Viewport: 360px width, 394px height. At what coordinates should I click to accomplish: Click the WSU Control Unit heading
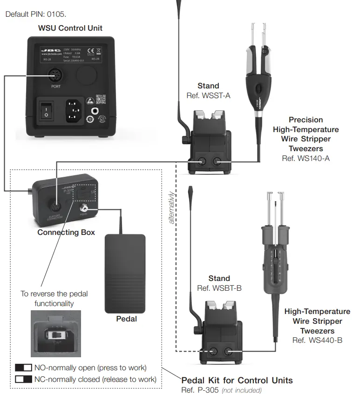[x=70, y=28]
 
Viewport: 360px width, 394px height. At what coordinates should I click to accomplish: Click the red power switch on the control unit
[x=47, y=110]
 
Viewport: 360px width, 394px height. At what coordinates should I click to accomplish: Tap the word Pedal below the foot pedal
[x=126, y=319]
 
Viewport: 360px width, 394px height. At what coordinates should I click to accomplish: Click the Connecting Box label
[x=66, y=232]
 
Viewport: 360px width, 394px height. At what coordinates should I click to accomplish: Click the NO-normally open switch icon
[x=23, y=367]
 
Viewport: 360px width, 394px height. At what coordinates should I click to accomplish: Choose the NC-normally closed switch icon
[x=23, y=379]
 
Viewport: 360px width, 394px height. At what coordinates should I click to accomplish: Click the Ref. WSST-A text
[x=208, y=96]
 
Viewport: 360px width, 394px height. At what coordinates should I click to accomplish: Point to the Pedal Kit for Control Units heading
[x=237, y=381]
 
